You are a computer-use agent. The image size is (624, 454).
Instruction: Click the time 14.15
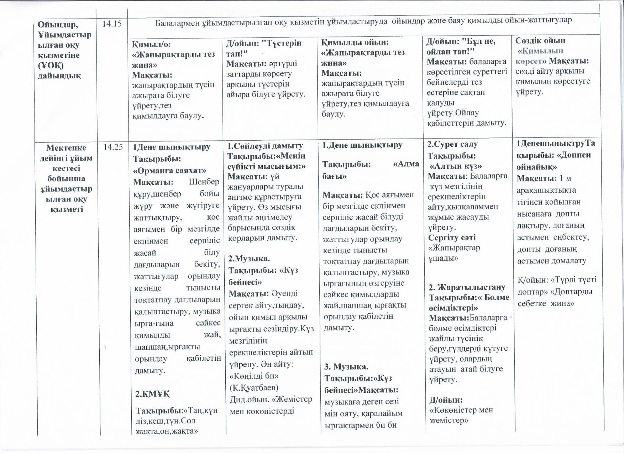pyautogui.click(x=112, y=24)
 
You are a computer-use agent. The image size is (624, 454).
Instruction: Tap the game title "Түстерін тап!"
pyautogui.click(x=263, y=48)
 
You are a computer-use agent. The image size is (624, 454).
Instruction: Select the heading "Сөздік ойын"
pyautogui.click(x=540, y=40)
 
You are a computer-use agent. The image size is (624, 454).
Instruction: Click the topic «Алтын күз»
pyautogui.click(x=456, y=166)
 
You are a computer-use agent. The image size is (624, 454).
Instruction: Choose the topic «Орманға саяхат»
pyautogui.click(x=169, y=170)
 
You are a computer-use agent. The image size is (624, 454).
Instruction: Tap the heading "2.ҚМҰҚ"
pyautogui.click(x=152, y=394)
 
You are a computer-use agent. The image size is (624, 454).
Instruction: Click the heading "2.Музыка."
pyautogui.click(x=249, y=259)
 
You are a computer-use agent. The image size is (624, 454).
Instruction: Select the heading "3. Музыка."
pyautogui.click(x=346, y=366)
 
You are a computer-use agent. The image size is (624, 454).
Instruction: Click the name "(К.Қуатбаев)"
pyautogui.click(x=253, y=387)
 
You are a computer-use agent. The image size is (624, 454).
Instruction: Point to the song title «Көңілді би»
pyautogui.click(x=253, y=376)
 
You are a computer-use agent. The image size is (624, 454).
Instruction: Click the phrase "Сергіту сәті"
pyautogui.click(x=452, y=238)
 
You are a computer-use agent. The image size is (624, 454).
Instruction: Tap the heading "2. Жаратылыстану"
pyautogui.click(x=467, y=287)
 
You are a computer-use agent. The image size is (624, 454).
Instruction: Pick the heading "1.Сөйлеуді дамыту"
pyautogui.click(x=265, y=146)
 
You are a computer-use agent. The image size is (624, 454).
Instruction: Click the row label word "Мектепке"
pyautogui.click(x=66, y=147)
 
